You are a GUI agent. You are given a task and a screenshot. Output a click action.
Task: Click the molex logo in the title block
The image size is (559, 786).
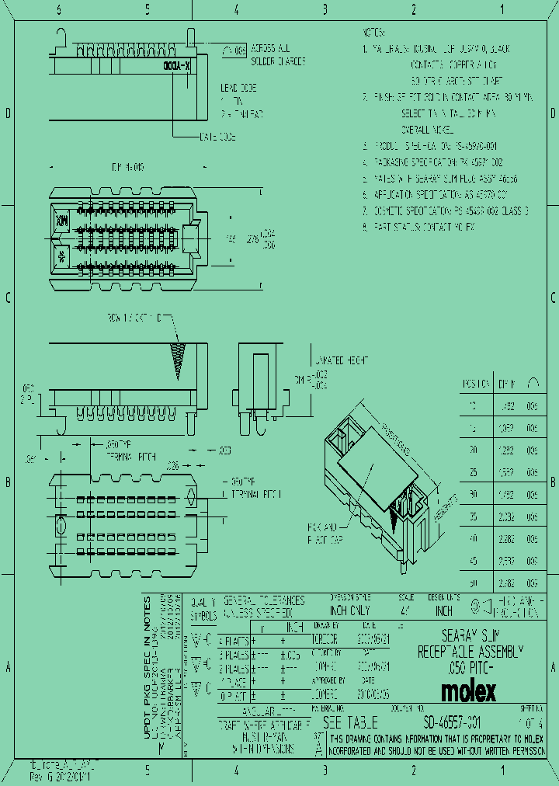[468, 690]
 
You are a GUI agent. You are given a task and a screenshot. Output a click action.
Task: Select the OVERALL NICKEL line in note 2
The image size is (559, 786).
[427, 129]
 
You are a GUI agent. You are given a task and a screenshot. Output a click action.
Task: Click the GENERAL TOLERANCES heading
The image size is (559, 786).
[264, 600]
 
